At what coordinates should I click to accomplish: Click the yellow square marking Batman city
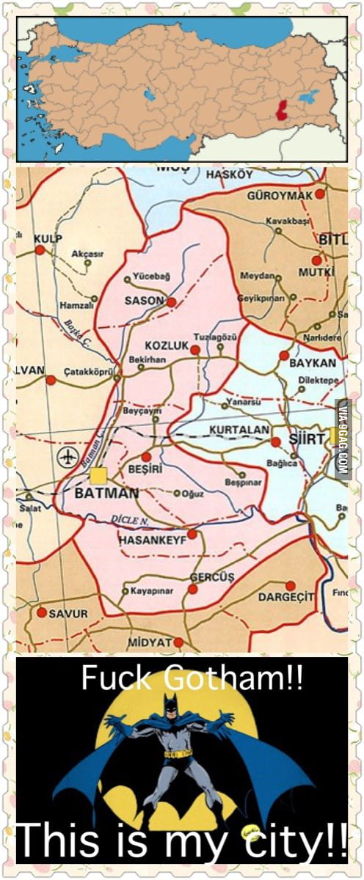[98, 475]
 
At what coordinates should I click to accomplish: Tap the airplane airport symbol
[68, 458]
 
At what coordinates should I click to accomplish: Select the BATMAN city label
[106, 494]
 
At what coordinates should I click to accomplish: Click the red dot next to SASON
[171, 301]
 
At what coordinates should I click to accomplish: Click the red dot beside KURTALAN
[276, 442]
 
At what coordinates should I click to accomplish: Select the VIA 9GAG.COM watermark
[342, 440]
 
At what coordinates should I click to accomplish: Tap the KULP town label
[48, 238]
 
